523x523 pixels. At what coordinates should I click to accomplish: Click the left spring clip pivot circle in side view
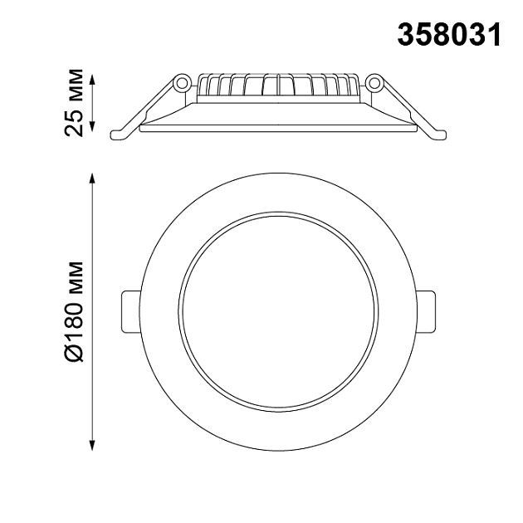[179, 83]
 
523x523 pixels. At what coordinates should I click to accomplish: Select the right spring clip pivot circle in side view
[374, 83]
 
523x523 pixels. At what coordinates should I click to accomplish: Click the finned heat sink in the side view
[278, 84]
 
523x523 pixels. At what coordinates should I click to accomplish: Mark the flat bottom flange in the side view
[278, 128]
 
